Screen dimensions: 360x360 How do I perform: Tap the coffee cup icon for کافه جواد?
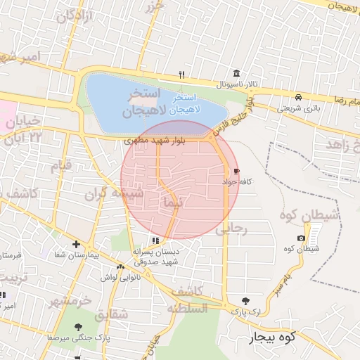point(236,171)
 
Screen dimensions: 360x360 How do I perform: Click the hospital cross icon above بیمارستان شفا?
point(76,243)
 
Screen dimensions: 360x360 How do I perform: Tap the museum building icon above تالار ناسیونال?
point(236,74)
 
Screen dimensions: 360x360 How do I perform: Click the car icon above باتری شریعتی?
point(299,97)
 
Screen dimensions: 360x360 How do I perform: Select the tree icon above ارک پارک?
point(245,300)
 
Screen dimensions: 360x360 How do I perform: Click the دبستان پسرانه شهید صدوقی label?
point(157,256)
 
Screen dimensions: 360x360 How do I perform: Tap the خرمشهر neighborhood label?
point(70,300)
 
